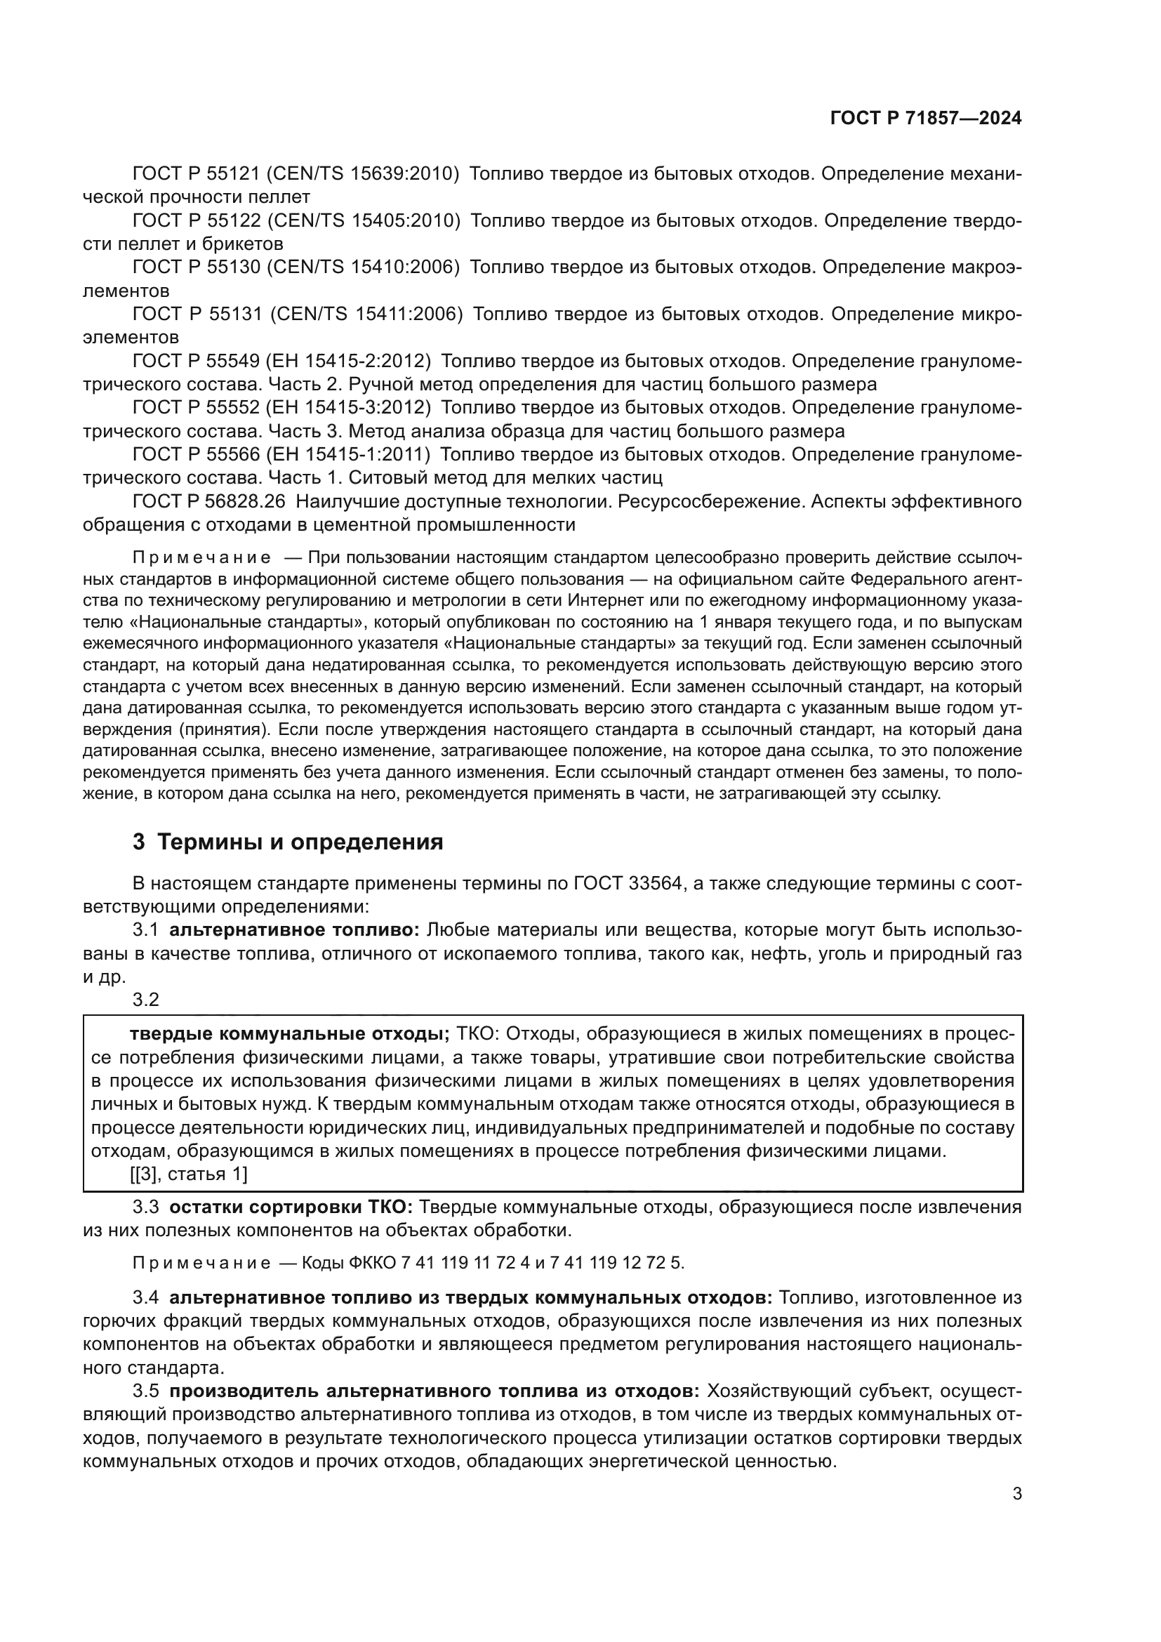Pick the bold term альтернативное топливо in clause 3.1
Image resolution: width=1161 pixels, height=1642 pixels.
295,930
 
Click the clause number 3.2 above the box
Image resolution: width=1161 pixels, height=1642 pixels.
146,1000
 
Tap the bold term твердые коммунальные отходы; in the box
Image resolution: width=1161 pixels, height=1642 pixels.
288,1034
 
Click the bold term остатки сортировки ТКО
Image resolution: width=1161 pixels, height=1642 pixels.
291,1208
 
